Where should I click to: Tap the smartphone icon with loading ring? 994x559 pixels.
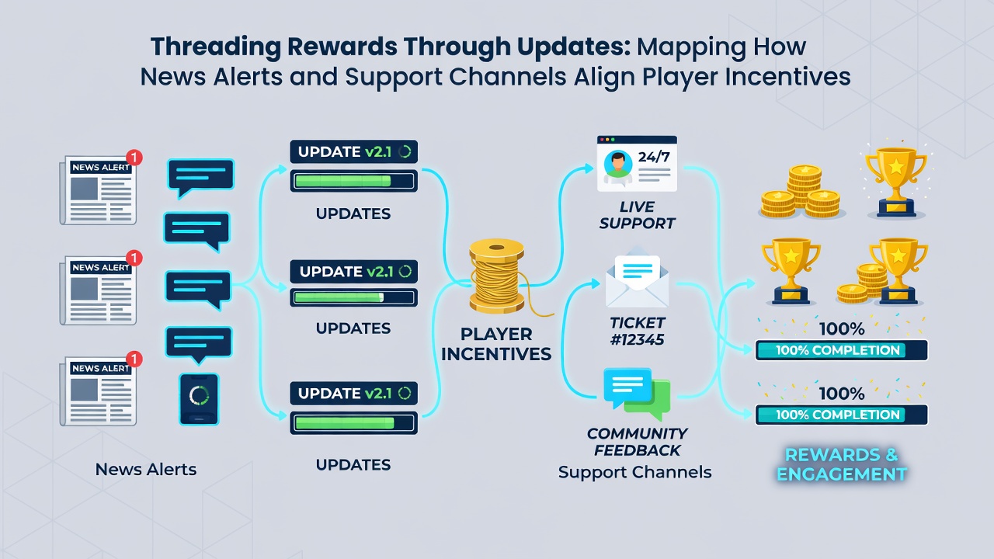click(x=199, y=399)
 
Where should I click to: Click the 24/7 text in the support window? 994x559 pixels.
click(x=654, y=157)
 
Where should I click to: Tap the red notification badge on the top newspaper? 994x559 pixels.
click(x=134, y=157)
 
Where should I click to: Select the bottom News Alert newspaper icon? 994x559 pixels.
click(x=99, y=391)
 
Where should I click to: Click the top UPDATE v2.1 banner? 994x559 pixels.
click(x=353, y=151)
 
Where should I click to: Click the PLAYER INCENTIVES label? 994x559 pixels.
click(x=496, y=344)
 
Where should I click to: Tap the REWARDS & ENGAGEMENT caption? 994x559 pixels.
click(x=841, y=464)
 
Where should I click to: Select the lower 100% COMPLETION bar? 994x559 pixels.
click(x=841, y=415)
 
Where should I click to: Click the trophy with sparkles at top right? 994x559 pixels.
click(x=896, y=181)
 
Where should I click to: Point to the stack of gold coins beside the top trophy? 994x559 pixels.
click(x=801, y=192)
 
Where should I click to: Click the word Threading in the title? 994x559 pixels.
click(x=216, y=47)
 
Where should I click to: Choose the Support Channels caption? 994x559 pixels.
click(x=634, y=472)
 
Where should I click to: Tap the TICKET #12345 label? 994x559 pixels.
click(x=638, y=331)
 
